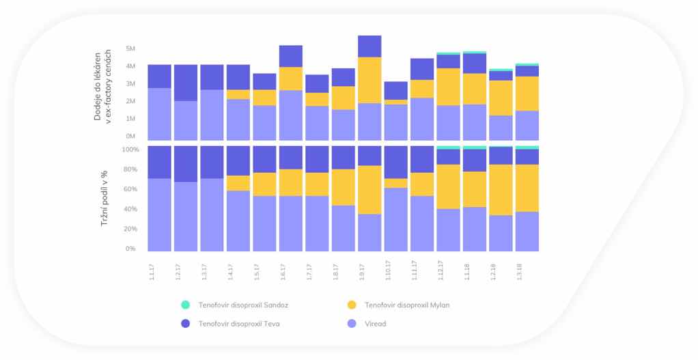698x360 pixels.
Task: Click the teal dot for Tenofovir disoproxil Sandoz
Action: [x=186, y=305]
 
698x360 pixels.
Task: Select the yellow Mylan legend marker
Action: [x=352, y=305]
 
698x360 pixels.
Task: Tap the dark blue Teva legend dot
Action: [x=186, y=324]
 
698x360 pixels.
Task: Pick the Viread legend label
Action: [x=375, y=324]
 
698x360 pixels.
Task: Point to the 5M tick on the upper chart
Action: [x=131, y=49]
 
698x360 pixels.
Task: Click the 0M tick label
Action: [x=131, y=136]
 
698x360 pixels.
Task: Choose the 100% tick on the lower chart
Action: [x=130, y=149]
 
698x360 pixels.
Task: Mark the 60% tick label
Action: [x=130, y=189]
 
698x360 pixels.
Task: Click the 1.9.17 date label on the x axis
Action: [x=362, y=268]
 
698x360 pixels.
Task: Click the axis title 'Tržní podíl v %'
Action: [x=106, y=199]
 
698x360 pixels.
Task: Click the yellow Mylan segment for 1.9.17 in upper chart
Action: [x=369, y=80]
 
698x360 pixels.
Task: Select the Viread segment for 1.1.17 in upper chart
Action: [x=159, y=113]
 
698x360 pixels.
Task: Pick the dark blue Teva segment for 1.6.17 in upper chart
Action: [x=291, y=56]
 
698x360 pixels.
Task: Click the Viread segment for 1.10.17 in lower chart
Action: [x=395, y=219]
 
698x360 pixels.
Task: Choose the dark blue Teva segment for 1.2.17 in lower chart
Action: [x=186, y=164]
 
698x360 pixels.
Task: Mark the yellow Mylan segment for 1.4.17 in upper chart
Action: [x=238, y=94]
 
